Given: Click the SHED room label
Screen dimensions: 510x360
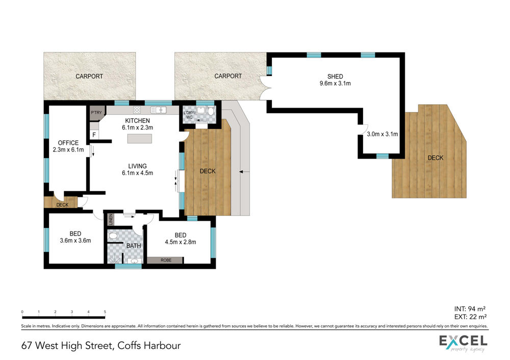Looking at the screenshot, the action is click(x=335, y=76).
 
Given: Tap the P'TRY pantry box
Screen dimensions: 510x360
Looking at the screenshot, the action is click(x=96, y=113).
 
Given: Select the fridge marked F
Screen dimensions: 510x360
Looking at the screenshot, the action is click(x=94, y=134).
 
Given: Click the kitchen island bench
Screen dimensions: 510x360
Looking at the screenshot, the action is click(x=140, y=139).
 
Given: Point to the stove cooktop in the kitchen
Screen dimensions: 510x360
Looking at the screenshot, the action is click(x=137, y=110).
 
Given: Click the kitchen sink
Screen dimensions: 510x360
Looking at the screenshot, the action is click(x=159, y=110).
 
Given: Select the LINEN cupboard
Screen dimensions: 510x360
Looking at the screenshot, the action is click(x=111, y=219).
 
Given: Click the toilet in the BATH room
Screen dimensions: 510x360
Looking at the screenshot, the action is click(x=112, y=236).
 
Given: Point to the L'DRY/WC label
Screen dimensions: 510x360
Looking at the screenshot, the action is click(x=189, y=115).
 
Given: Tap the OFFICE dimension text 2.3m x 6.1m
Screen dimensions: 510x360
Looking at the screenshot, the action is click(x=68, y=149).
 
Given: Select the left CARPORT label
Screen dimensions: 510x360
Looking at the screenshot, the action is click(x=89, y=76).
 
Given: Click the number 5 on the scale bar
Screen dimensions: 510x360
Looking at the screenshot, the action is click(x=105, y=312).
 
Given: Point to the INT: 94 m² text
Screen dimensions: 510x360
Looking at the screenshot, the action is click(x=470, y=309).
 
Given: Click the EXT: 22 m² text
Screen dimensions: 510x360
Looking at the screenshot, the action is click(x=470, y=317).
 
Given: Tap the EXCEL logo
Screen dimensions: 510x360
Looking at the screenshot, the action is click(x=463, y=343).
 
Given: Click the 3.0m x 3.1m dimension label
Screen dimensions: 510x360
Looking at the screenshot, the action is click(x=382, y=134).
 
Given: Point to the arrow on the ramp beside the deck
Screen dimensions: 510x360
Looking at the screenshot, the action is click(x=244, y=171).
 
